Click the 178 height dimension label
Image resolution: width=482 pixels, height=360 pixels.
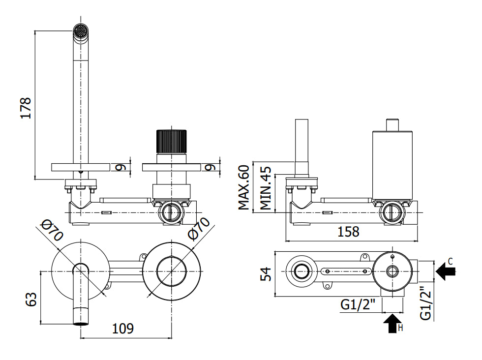26,108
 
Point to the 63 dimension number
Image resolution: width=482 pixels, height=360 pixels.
30,299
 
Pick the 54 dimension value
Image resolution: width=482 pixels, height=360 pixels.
266,274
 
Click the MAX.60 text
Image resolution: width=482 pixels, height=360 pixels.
244,188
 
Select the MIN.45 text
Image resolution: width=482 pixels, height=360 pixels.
266,188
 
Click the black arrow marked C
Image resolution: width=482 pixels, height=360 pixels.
446,270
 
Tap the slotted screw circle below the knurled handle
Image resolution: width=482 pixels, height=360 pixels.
169,212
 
